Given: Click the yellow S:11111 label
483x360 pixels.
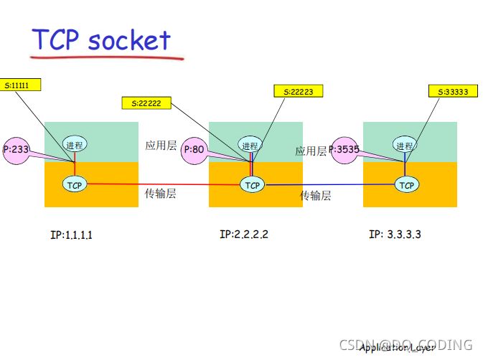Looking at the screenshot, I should (x=20, y=85).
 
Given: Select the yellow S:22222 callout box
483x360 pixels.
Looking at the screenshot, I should (x=146, y=103).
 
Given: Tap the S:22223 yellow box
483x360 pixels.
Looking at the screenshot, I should (x=298, y=91).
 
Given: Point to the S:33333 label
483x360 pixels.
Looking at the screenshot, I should (x=452, y=91).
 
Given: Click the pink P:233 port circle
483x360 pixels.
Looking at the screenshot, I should (x=17, y=150).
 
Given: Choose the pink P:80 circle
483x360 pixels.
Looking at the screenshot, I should (x=195, y=150).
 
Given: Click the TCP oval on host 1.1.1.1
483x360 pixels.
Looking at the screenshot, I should (x=75, y=185).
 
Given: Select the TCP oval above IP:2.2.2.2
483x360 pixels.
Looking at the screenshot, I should (x=252, y=185).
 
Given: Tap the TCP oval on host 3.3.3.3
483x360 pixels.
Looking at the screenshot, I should (x=406, y=185).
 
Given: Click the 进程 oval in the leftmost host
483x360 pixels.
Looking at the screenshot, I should (x=75, y=144).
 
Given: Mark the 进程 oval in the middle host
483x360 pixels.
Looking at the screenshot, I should (x=250, y=145).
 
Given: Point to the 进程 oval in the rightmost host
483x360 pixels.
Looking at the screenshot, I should (x=404, y=145).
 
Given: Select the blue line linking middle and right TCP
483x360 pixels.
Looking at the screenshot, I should (x=330, y=185).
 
